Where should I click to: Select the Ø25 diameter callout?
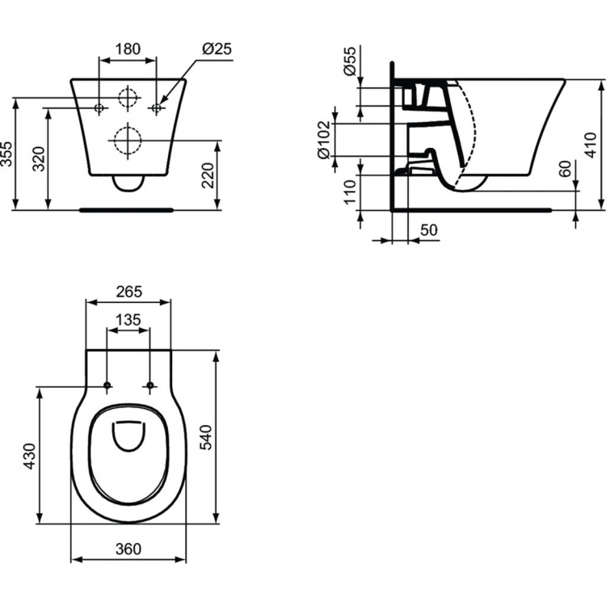pyautogui.click(x=215, y=48)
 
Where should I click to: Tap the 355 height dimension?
pyautogui.click(x=7, y=154)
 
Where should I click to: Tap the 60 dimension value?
pyautogui.click(x=565, y=170)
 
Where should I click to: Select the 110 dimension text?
pyautogui.click(x=349, y=192)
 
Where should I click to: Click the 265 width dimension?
pyautogui.click(x=128, y=291)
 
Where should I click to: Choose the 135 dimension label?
pyautogui.click(x=128, y=320)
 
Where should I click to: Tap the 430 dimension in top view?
pyautogui.click(x=28, y=456)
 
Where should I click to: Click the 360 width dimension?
pyautogui.click(x=128, y=549)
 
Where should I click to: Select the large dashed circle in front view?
pyautogui.click(x=127, y=141)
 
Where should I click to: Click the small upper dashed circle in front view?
pyautogui.click(x=127, y=98)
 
